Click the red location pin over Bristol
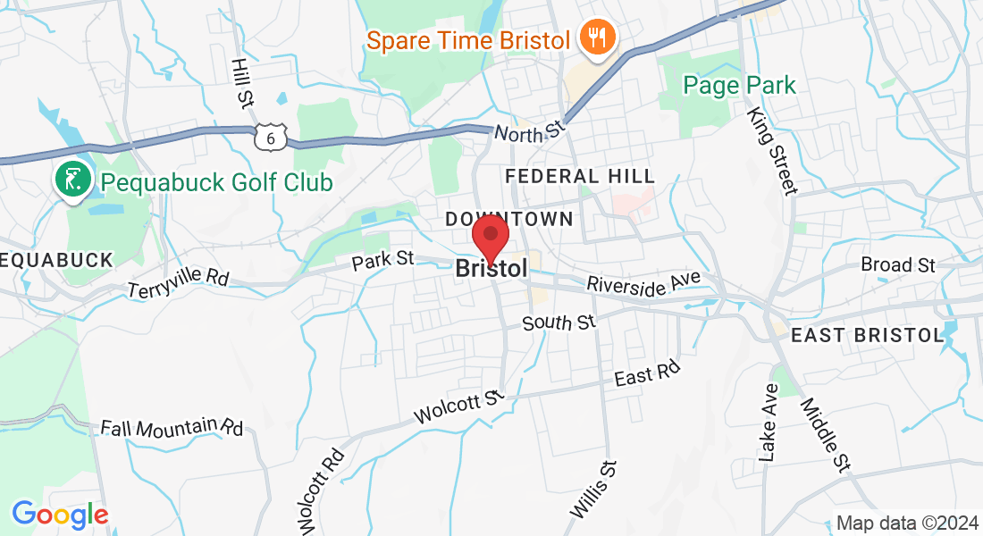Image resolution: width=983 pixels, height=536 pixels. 490,236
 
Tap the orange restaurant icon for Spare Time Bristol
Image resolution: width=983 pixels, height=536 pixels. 593,38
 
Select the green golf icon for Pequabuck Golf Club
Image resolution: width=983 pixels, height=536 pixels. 72,180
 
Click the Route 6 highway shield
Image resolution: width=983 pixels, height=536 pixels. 270,137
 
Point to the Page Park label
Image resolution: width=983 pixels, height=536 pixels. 739,86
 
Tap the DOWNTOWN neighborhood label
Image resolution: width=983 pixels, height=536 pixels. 509,219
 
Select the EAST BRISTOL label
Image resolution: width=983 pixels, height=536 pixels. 868,335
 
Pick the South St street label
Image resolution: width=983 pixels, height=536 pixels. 559,322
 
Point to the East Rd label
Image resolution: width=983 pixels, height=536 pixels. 647,373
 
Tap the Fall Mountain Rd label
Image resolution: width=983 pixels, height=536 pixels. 172,427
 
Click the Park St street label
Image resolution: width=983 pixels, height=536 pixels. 382,259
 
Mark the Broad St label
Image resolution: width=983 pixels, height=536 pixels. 897,264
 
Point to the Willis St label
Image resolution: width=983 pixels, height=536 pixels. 593,490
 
